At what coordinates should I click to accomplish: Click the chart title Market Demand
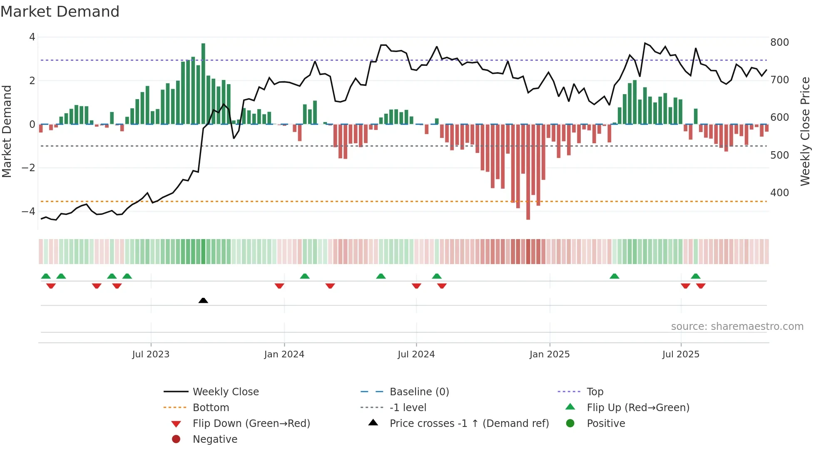click(60, 12)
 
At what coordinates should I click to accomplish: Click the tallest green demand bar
click(203, 83)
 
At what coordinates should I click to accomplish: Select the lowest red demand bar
click(528, 172)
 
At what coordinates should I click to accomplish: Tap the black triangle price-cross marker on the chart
click(203, 300)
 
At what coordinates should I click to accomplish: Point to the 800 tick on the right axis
click(779, 42)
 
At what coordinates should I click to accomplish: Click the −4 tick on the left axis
click(29, 212)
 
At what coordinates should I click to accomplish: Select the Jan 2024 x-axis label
click(284, 354)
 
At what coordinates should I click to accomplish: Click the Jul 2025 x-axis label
click(681, 354)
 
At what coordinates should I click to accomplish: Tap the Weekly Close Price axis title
click(805, 131)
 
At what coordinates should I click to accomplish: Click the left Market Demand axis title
click(7, 131)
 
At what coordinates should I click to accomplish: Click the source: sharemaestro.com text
click(737, 327)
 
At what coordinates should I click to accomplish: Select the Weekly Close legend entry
click(225, 392)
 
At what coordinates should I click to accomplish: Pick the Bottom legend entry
click(211, 408)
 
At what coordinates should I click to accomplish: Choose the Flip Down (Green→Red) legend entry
click(251, 424)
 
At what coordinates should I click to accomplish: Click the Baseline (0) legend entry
click(419, 392)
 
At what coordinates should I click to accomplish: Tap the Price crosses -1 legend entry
click(469, 424)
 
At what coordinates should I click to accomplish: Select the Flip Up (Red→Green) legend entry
click(638, 408)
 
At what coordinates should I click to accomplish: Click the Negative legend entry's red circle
click(176, 439)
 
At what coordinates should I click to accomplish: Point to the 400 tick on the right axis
click(779, 193)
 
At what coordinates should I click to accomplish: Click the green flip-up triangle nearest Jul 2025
click(696, 276)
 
